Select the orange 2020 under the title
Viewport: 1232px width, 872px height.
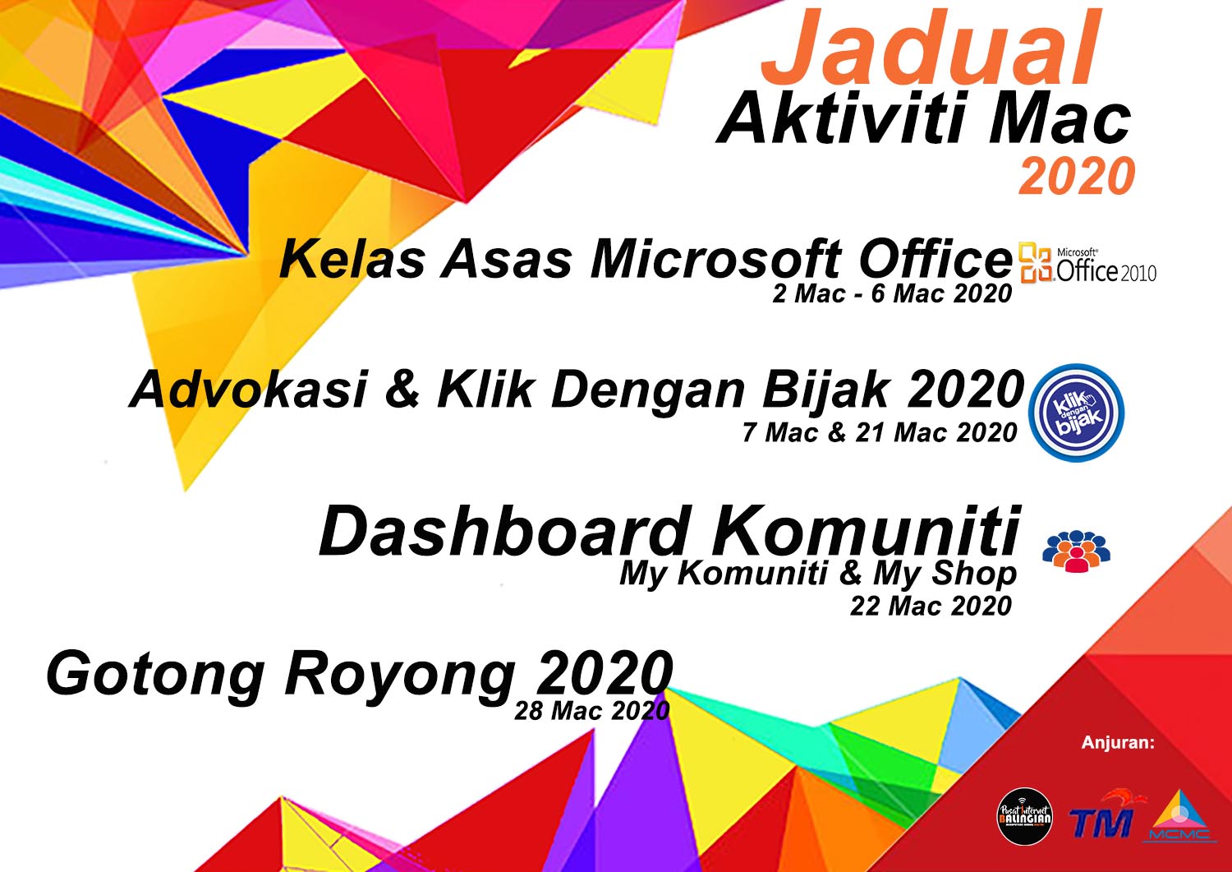click(1077, 176)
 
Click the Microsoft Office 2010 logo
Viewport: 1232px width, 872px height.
click(1087, 264)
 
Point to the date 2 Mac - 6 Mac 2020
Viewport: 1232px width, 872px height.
click(891, 293)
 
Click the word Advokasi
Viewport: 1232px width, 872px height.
click(249, 390)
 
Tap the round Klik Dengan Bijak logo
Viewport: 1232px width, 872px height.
click(1076, 413)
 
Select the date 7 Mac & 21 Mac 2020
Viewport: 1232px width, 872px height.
click(879, 432)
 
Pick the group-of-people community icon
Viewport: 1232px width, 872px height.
click(1076, 551)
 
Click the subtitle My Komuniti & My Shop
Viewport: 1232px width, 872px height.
click(818, 574)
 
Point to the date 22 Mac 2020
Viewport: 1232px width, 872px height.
click(931, 606)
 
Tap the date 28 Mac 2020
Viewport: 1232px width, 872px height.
click(592, 711)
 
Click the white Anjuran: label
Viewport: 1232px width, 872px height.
click(1118, 743)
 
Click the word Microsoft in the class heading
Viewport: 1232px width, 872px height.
click(715, 260)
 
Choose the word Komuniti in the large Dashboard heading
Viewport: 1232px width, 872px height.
click(866, 531)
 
